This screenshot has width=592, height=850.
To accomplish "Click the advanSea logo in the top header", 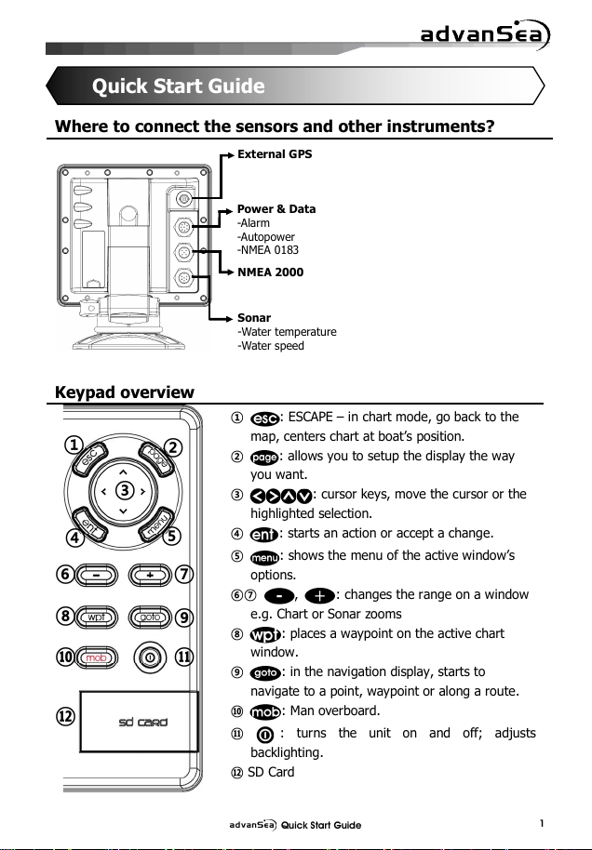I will (484, 36).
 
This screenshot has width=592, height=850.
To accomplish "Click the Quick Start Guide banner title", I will (178, 87).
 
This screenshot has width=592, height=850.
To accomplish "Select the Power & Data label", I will (276, 209).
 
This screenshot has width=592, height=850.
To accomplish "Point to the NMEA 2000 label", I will (270, 272).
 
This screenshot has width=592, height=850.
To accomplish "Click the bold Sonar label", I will (254, 318).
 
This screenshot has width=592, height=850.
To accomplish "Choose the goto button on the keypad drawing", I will (149, 617).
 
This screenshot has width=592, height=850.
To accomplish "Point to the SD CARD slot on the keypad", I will (140, 722).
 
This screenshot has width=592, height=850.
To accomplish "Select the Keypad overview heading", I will (126, 392).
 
